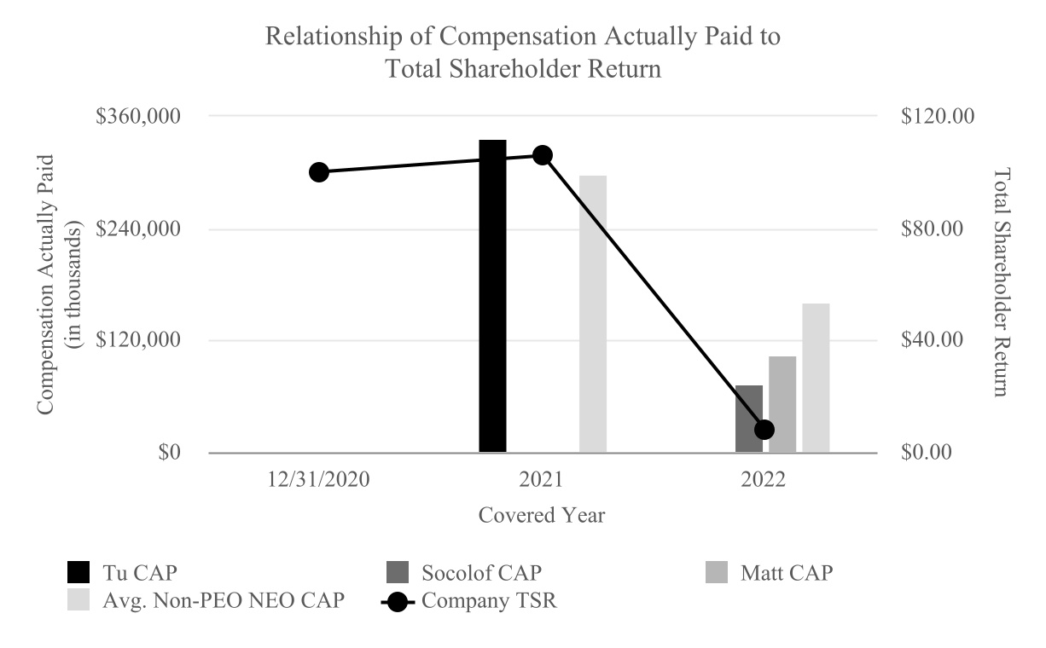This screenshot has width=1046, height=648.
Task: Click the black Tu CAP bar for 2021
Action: coord(492,296)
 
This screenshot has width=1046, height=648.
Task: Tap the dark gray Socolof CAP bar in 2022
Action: coord(749,419)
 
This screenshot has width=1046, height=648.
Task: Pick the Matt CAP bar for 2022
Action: coord(782,404)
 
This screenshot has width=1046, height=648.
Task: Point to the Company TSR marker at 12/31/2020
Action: coord(319,172)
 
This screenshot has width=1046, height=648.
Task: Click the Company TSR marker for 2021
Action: coord(543,155)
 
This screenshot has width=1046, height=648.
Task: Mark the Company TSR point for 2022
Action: coord(764,429)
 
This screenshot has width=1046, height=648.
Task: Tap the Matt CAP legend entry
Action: coord(773,572)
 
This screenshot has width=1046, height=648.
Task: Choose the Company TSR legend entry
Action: coord(470,600)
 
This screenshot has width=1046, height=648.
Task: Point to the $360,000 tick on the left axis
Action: coord(144,116)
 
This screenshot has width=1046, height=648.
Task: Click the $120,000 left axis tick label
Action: coord(144,340)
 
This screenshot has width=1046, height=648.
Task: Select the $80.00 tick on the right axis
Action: coord(937,229)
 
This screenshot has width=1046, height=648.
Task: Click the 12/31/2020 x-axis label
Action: coord(318,479)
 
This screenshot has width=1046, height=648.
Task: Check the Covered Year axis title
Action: coord(542,516)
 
